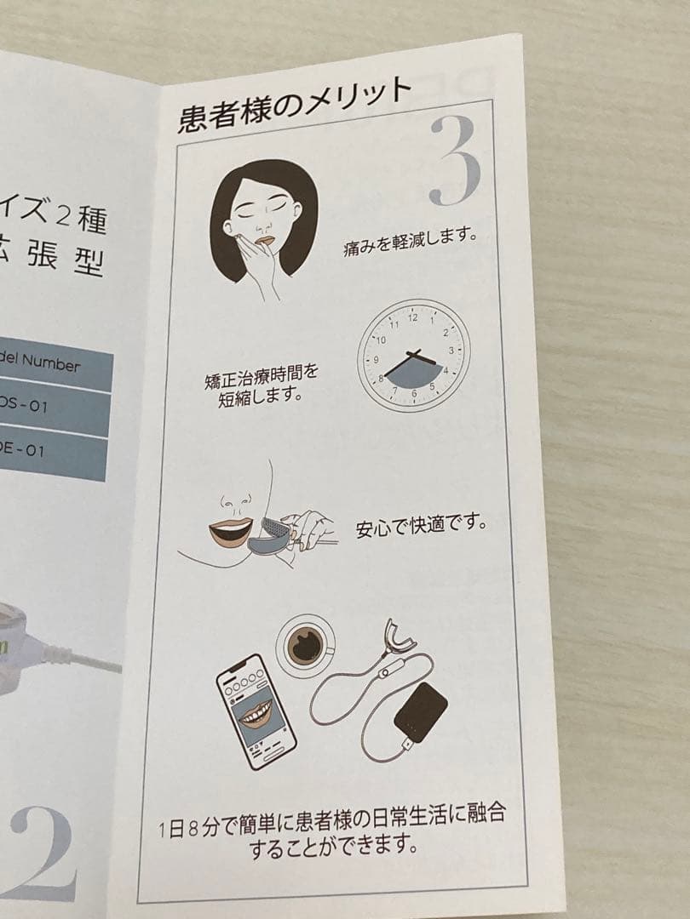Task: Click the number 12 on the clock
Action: [x=413, y=317]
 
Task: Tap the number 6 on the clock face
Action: [x=414, y=392]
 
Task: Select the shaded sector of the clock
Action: [x=415, y=373]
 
